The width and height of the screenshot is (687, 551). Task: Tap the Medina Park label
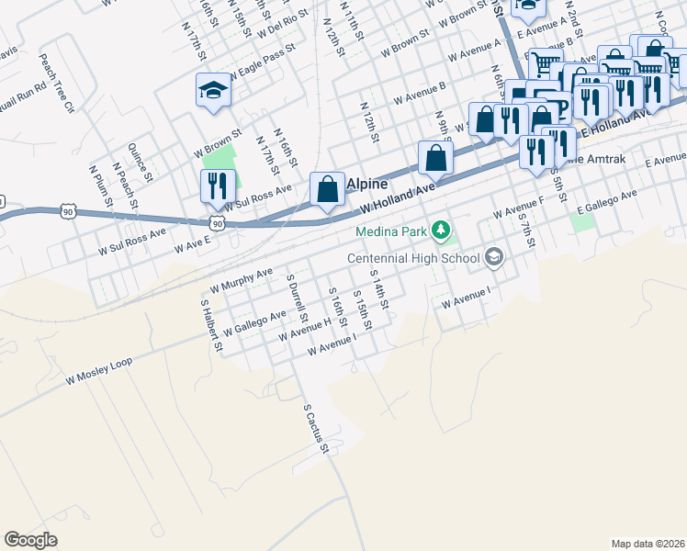point(393,229)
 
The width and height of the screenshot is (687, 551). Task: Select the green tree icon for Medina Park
point(442,228)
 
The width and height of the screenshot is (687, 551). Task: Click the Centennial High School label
point(414,258)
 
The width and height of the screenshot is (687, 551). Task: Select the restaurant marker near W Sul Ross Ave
point(218,186)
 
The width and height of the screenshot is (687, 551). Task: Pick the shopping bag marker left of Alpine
point(327,189)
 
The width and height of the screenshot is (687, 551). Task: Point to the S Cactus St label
point(315,428)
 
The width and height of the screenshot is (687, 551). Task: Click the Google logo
point(30,540)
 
